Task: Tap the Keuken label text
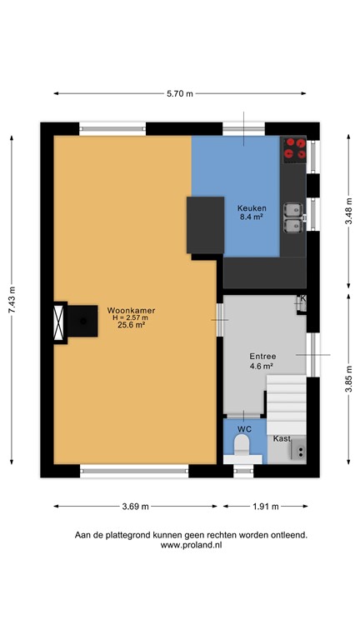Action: [251, 208]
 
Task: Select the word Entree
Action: [262, 356]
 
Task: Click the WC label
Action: [244, 429]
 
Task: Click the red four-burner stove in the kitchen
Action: [294, 147]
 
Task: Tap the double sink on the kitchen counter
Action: [292, 217]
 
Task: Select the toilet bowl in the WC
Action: [242, 450]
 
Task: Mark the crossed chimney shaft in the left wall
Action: [59, 322]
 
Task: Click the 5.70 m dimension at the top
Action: [180, 94]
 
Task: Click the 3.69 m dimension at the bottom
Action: [136, 506]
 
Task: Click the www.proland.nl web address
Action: [191, 545]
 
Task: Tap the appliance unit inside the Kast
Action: [297, 451]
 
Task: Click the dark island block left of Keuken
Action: [205, 224]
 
